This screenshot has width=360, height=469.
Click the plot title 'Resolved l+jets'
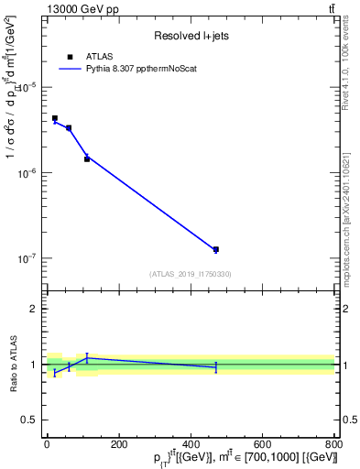190,36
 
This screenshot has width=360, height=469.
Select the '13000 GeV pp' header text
78,8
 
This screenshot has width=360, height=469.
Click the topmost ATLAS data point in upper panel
55,118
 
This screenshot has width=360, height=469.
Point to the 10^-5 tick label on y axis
27,87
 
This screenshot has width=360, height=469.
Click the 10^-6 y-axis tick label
27,173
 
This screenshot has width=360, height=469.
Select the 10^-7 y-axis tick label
27,259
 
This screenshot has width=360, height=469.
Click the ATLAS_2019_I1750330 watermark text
190,274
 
